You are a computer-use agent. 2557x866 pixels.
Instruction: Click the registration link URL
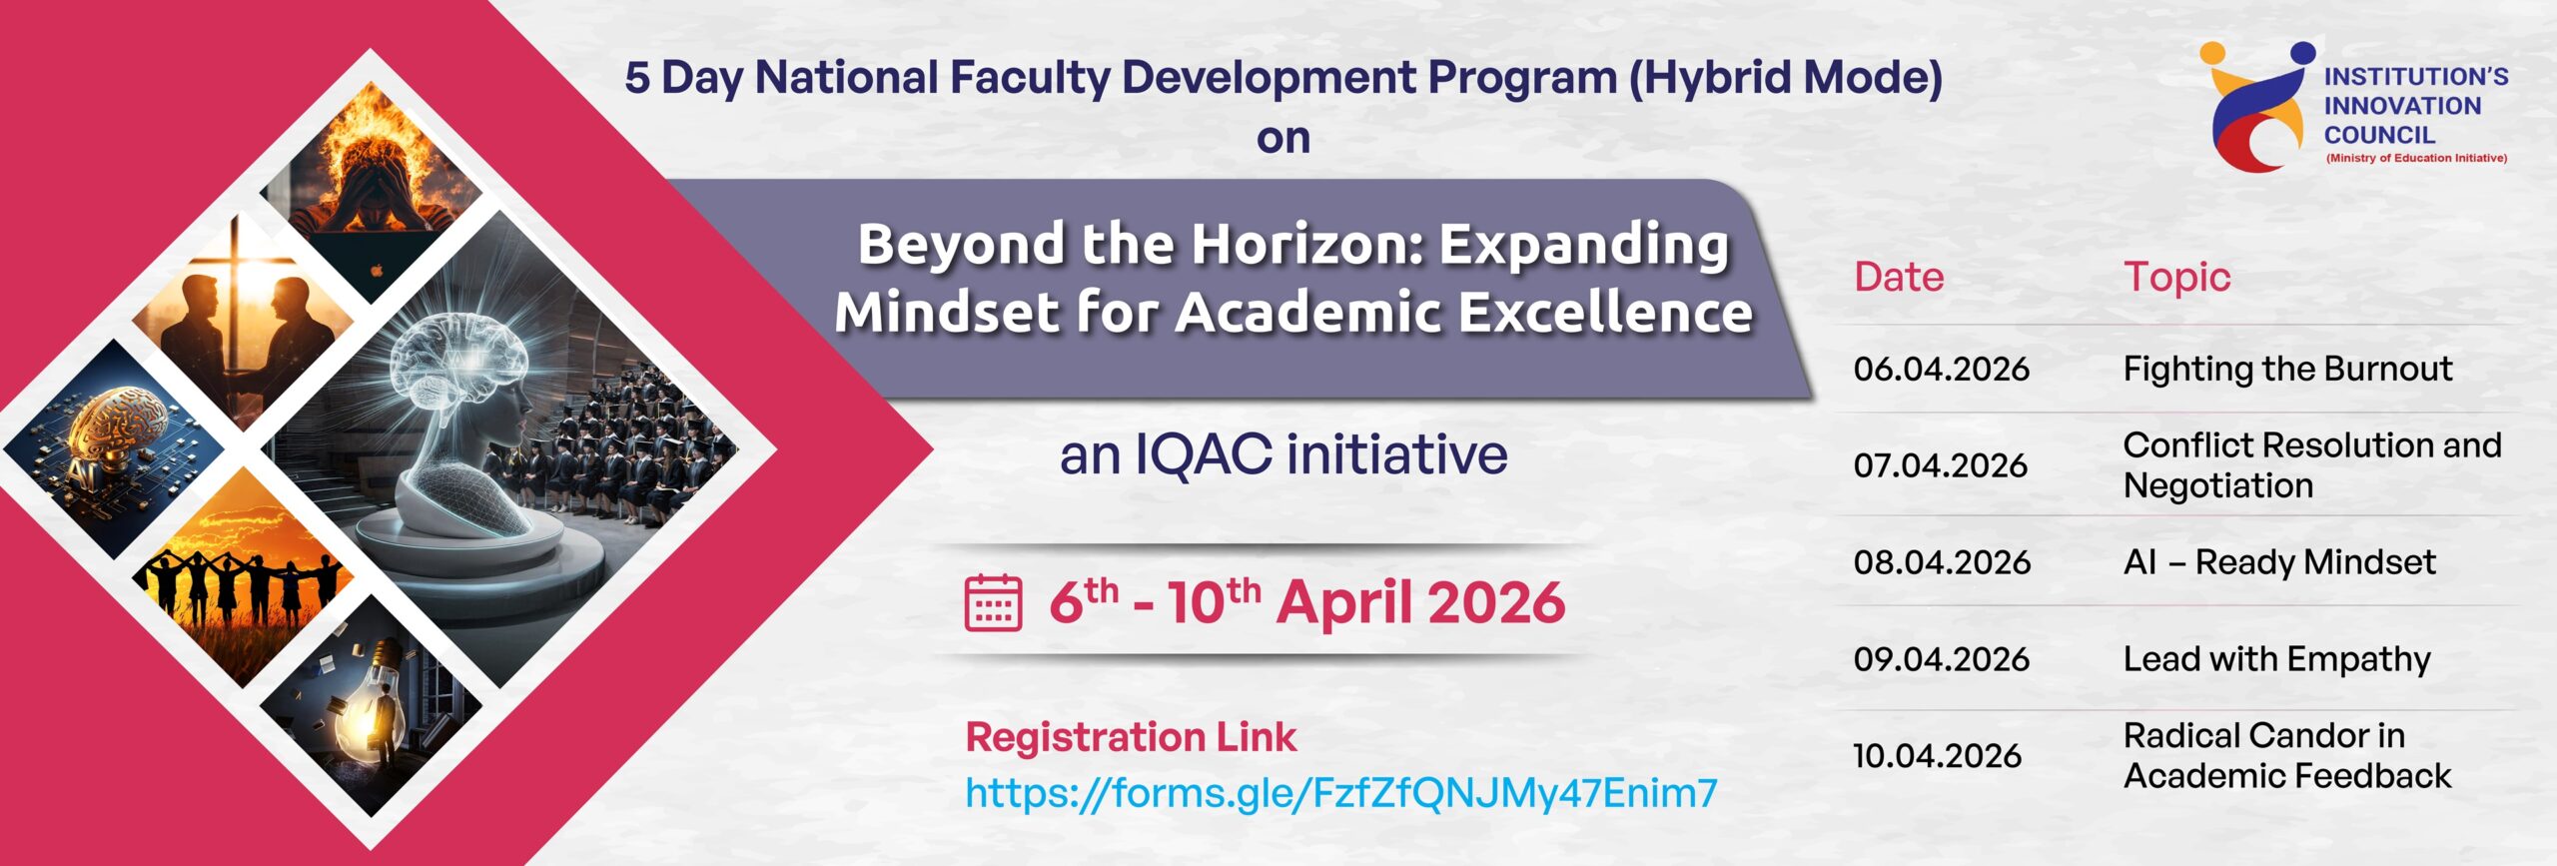click(x=1341, y=793)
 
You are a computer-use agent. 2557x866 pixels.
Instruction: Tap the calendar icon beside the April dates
click(x=993, y=602)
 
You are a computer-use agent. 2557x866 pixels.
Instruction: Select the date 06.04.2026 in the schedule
click(x=1941, y=369)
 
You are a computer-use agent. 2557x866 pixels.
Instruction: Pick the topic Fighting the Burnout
click(x=2287, y=369)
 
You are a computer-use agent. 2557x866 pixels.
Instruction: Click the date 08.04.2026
click(x=1942, y=562)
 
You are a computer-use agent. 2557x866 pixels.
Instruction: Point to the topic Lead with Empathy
click(x=2276, y=660)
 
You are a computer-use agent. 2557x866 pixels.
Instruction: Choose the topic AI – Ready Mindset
click(x=2279, y=563)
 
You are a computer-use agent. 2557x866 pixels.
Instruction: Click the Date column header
click(x=1899, y=277)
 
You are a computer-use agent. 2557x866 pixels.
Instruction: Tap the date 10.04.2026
click(x=1937, y=756)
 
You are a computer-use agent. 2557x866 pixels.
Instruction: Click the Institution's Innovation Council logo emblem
click(x=2256, y=106)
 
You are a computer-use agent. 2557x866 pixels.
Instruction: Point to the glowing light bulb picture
click(x=371, y=706)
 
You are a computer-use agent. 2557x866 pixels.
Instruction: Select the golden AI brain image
click(x=114, y=448)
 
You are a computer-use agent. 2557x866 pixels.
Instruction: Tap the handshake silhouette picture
click(x=242, y=321)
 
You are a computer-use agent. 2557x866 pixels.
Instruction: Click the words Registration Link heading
click(x=1131, y=737)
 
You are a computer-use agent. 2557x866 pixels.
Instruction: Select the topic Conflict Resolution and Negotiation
click(x=2312, y=465)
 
